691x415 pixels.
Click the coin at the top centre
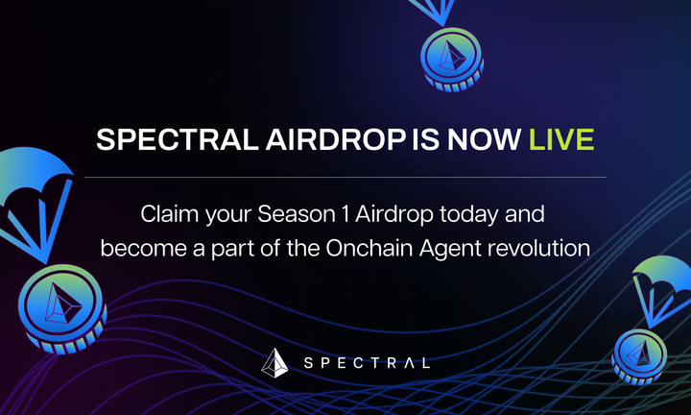coord(447,61)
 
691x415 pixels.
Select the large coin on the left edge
coord(57,307)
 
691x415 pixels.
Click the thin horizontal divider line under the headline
coord(345,177)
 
